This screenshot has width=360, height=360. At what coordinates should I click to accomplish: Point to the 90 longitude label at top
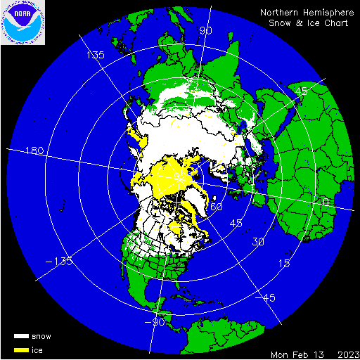(206, 30)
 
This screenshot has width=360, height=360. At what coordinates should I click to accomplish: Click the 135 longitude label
(95, 55)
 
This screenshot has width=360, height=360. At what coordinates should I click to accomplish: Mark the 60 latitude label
(217, 207)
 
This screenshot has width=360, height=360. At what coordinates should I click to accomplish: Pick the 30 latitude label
(259, 241)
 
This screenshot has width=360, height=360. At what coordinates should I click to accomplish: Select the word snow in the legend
(41, 336)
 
